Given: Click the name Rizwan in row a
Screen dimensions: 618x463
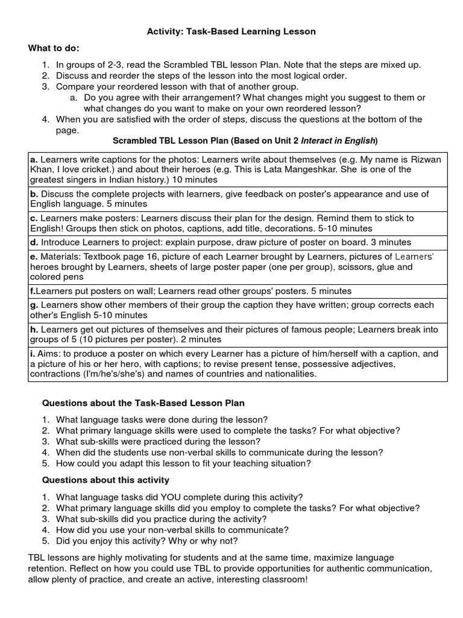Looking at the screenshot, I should (426, 159).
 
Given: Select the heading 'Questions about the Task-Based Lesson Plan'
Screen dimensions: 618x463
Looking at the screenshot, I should (143, 403).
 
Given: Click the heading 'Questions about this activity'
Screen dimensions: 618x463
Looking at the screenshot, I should (106, 480).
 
